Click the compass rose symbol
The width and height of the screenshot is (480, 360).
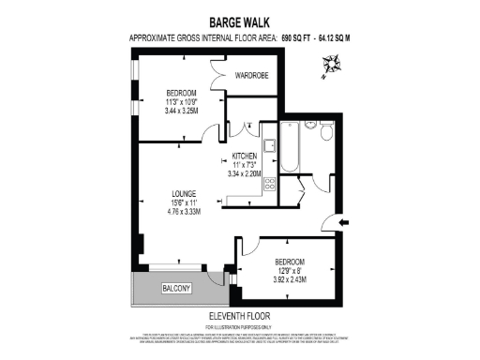(x=332, y=65)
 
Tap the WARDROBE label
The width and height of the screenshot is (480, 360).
(x=253, y=76)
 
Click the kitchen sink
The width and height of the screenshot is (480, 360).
(x=269, y=146)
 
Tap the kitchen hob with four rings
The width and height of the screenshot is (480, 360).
(x=269, y=182)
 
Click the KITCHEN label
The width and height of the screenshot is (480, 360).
(x=245, y=156)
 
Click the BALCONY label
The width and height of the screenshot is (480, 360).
(x=177, y=288)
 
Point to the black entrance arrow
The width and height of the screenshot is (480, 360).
(x=343, y=222)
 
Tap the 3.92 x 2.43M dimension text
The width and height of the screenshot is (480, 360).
(x=290, y=279)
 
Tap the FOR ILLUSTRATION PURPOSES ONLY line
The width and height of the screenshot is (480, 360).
(x=240, y=327)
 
